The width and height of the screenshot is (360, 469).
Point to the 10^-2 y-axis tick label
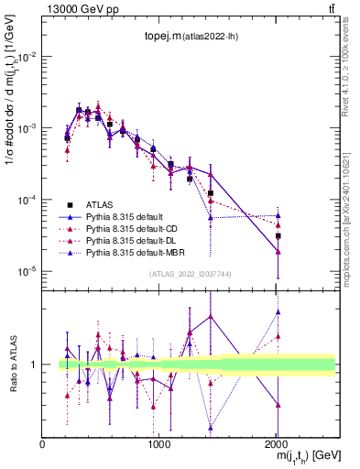point(27,57)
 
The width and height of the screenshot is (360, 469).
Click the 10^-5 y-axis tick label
point(27,271)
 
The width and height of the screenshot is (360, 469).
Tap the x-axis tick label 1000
point(158,443)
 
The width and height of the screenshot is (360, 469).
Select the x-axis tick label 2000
point(278,443)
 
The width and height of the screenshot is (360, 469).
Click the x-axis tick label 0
point(43,443)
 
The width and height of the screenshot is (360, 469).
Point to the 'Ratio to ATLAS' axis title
point(10,364)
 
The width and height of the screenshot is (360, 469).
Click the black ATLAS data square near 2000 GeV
point(278,236)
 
